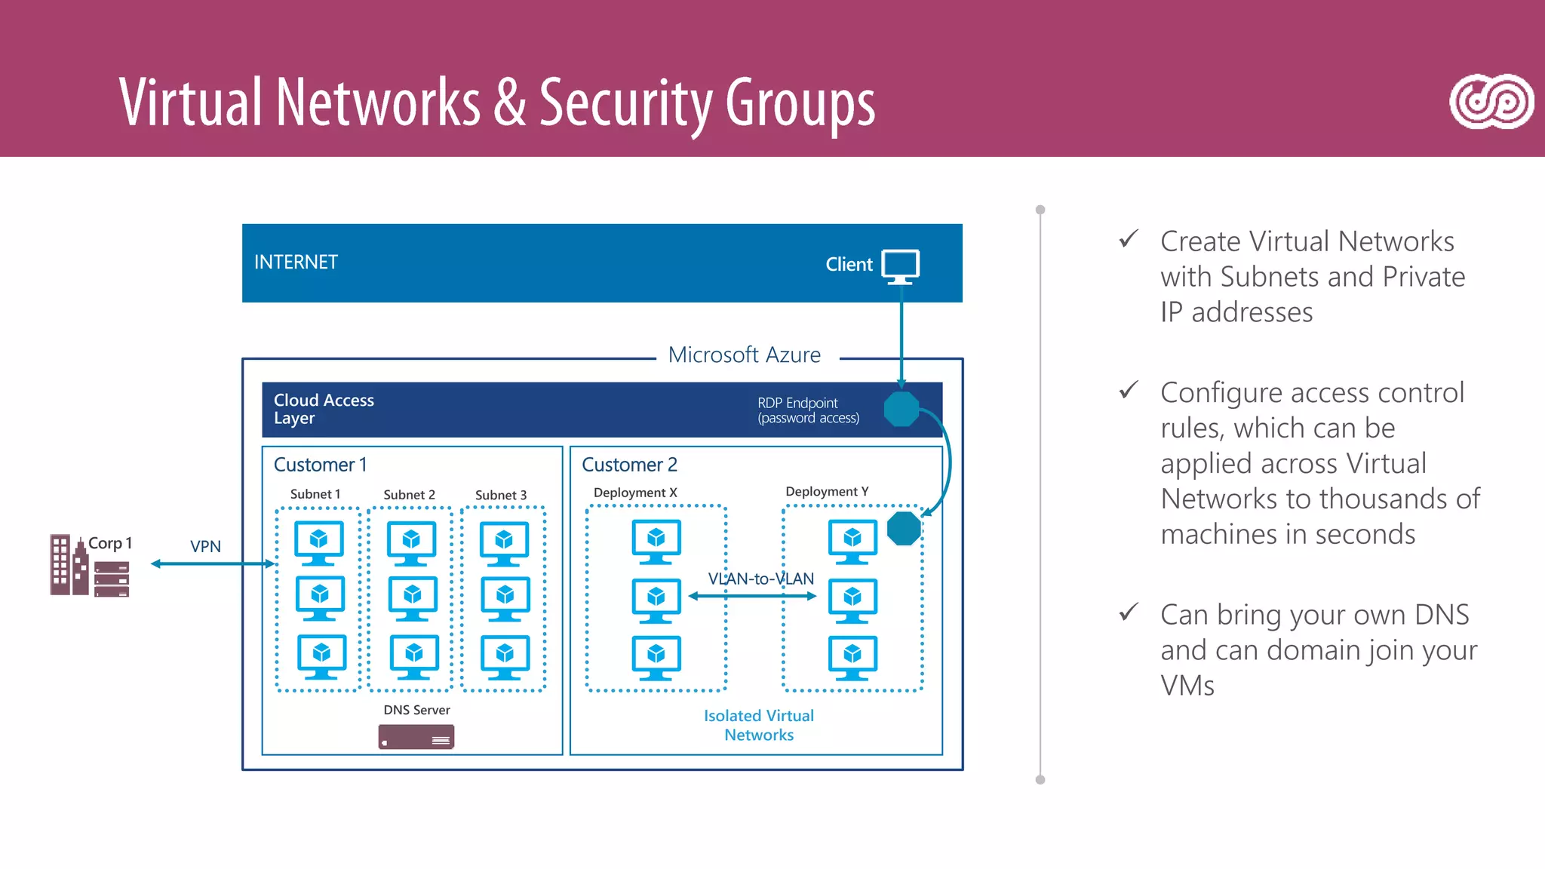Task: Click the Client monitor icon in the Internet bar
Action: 901,266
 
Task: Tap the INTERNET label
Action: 296,262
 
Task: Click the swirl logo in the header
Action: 1491,102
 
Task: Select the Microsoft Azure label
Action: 744,355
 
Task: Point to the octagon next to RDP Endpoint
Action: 901,409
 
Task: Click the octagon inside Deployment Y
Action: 904,528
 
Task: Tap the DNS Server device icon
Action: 416,737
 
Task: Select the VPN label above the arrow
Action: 205,546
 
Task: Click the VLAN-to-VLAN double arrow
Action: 753,596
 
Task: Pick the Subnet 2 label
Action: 409,495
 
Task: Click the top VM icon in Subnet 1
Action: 318,542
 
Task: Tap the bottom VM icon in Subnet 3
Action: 505,656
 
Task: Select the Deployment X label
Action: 635,493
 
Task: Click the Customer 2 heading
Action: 629,465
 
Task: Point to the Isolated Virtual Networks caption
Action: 759,725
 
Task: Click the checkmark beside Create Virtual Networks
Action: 1129,240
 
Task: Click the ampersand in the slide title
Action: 510,102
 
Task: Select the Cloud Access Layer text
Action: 324,409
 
